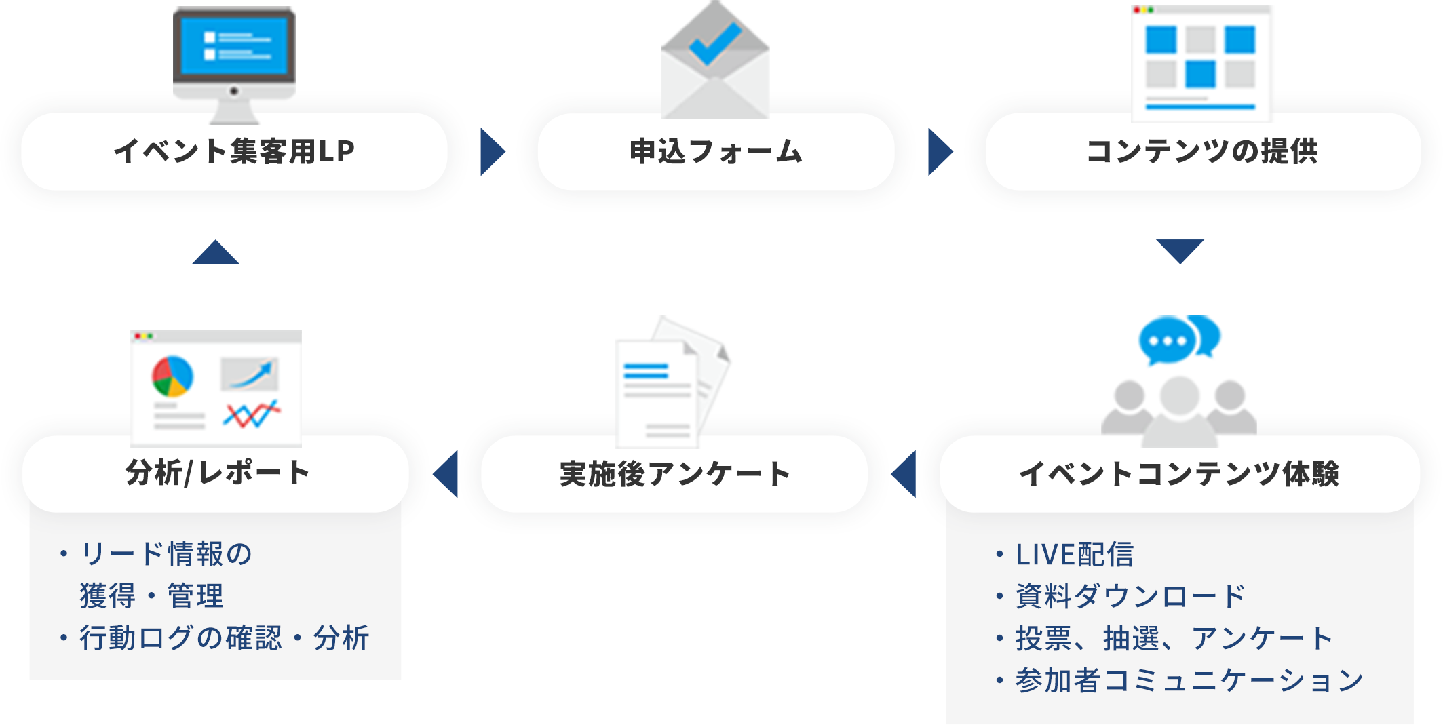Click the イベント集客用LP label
[x=234, y=151]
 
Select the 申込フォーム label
[x=716, y=151]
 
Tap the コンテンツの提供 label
[x=1202, y=151]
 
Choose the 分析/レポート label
[x=217, y=473]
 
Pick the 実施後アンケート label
[x=674, y=474]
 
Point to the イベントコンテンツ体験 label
[x=1179, y=474]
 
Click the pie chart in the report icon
[x=172, y=376]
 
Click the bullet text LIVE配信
[x=1074, y=554]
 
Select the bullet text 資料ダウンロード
[x=1130, y=596]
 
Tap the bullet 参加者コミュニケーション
[x=1189, y=680]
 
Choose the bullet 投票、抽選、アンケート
[x=1174, y=638]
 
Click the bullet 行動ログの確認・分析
[x=224, y=638]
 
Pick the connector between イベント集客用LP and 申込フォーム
[x=493, y=151]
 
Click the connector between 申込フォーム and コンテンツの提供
[x=940, y=151]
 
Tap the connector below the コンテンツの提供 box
[x=1180, y=252]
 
